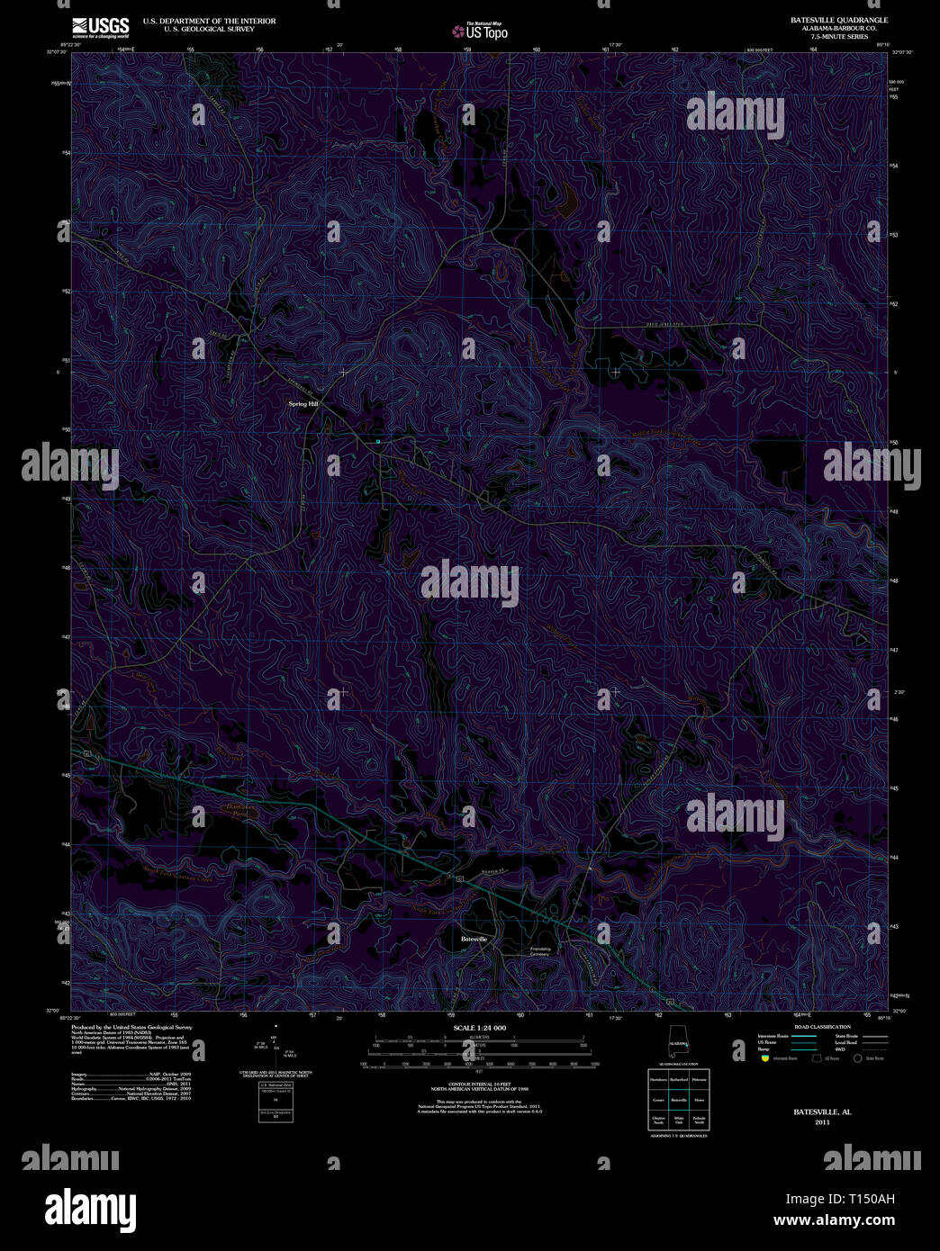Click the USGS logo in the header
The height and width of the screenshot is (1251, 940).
pos(100,25)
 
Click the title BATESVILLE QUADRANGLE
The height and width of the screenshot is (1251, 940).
pos(838,20)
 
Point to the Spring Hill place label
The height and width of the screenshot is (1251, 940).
pos(303,404)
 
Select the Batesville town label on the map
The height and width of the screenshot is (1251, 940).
pos(474,939)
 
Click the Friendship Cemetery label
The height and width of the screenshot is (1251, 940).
pos(540,951)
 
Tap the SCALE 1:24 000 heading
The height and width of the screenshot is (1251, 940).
pos(480,1028)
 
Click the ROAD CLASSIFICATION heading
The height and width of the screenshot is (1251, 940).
pos(821,1027)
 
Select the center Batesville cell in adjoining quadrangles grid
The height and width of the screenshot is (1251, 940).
pos(678,1100)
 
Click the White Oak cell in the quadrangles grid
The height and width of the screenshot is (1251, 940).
pos(678,1120)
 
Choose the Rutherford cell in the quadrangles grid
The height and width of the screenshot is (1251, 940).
pos(678,1079)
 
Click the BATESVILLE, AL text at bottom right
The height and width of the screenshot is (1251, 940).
pos(822,1111)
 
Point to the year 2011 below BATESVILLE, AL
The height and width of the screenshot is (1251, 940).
pos(822,1122)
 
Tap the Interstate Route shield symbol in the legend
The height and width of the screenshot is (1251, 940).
pos(764,1059)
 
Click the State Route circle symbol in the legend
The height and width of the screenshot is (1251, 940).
pos(857,1059)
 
